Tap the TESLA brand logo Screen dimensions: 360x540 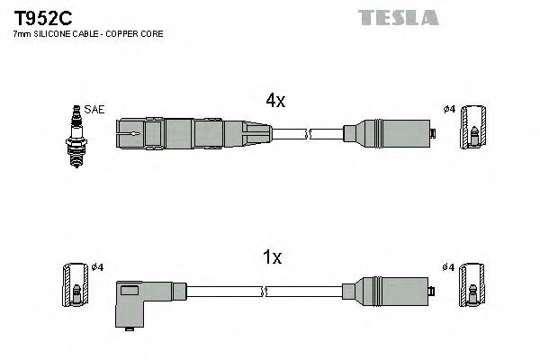tap(398, 17)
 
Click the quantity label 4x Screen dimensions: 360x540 tap(275, 102)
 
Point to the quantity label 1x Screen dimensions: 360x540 tap(272, 257)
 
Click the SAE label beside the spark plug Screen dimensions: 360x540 tap(94, 110)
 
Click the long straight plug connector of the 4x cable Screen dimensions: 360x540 tap(193, 134)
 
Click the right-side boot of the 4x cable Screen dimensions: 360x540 tap(388, 135)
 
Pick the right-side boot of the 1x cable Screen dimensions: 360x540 tap(388, 291)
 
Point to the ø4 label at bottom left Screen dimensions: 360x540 tap(98, 266)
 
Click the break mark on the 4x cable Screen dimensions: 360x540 tap(308, 135)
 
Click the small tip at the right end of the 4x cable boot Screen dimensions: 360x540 tap(434, 135)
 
